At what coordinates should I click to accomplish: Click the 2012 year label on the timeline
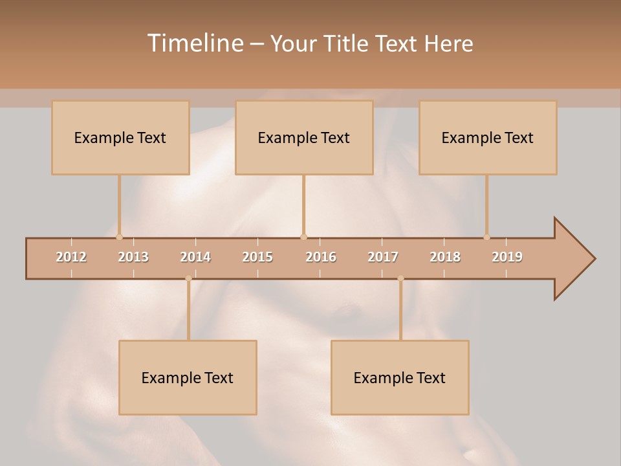pos(71,257)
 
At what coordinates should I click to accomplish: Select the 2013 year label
pos(133,257)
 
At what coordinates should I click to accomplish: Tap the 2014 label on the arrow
pos(195,257)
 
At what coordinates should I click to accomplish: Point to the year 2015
pos(257,257)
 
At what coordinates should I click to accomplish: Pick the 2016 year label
pos(321,257)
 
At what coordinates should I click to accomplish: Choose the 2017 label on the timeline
pos(383,257)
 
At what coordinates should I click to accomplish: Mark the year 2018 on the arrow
pos(445,257)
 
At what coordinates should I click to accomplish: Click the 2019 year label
pos(507,257)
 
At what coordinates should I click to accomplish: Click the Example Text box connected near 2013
pos(120,137)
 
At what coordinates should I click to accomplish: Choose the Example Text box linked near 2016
pos(304,137)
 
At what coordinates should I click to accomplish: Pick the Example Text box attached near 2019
pos(488,137)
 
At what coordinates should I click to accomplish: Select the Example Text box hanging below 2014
pos(188,377)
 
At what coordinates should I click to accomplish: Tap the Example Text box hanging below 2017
pos(400,377)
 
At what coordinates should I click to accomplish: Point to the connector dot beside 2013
pos(119,237)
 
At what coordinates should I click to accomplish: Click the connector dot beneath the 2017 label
pos(400,278)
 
